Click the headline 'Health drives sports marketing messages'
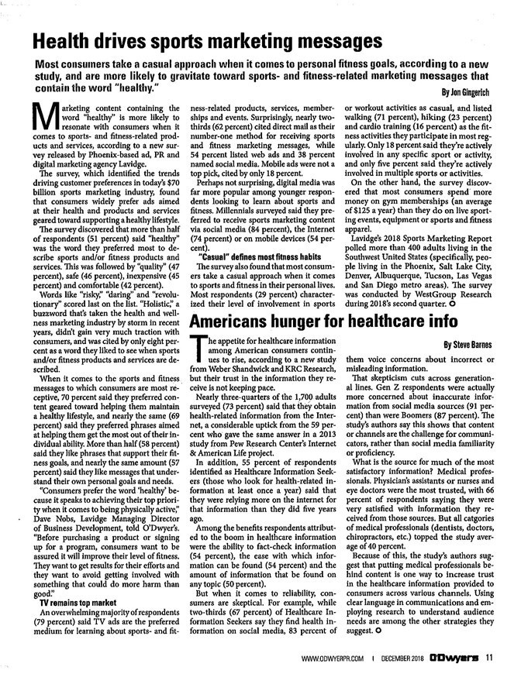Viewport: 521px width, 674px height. pos(209,40)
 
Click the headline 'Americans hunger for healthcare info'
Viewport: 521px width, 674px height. pos(337,320)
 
